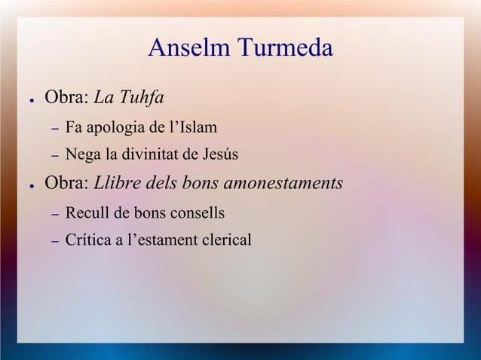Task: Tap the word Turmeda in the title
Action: point(285,49)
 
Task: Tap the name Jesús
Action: point(219,156)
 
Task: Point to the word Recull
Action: point(87,213)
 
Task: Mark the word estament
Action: point(160,241)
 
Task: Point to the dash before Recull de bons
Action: point(54,215)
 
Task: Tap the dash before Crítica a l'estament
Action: point(54,243)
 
